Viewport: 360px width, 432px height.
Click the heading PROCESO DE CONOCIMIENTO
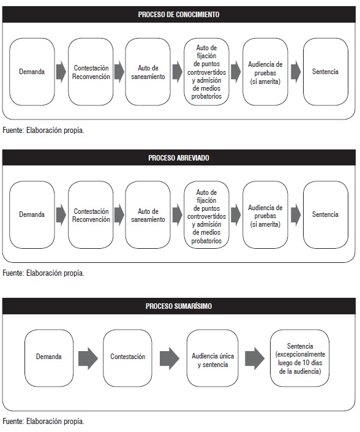[x=179, y=15]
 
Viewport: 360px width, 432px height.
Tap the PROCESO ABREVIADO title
[x=179, y=158]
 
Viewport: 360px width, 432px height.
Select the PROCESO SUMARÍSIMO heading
[x=179, y=306]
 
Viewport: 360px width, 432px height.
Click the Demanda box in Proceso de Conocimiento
[x=32, y=72]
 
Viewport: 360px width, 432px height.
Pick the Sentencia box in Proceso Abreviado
[x=326, y=214]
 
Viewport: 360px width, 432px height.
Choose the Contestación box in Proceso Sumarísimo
[x=127, y=358]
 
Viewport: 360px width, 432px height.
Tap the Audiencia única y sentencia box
[x=212, y=358]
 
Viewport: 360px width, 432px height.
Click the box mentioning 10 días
[x=300, y=358]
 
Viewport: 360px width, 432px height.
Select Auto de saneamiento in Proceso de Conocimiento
[x=148, y=72]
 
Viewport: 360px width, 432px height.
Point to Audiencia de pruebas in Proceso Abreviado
[x=265, y=214]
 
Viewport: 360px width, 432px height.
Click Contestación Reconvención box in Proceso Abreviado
[x=91, y=214]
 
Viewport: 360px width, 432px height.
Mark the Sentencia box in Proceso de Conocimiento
[x=326, y=72]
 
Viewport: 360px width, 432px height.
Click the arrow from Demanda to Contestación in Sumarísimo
[x=88, y=358]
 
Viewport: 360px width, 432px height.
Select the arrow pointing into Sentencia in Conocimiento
[x=296, y=72]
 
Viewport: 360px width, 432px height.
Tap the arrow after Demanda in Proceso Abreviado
[x=61, y=215]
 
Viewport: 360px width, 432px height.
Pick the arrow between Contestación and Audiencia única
[x=170, y=358]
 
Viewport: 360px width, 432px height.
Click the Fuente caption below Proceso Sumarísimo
[x=43, y=421]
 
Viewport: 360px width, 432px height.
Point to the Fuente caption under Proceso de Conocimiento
[x=43, y=130]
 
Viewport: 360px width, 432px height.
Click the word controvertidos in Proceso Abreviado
[x=206, y=216]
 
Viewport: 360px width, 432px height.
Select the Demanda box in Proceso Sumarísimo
[x=49, y=358]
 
